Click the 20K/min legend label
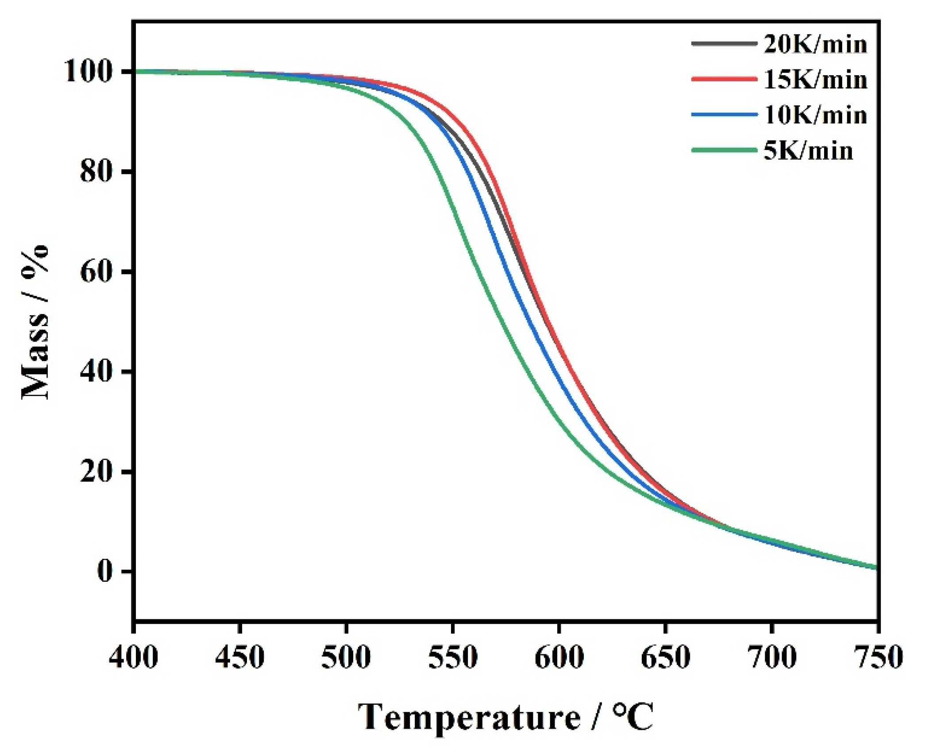coord(815,45)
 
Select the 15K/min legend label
coord(815,80)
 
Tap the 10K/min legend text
coord(815,115)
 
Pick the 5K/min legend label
coord(808,151)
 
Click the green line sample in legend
coord(724,150)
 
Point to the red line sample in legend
coord(724,79)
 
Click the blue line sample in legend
coord(724,115)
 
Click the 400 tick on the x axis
coord(133,657)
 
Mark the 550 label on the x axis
coord(452,657)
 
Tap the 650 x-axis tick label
coord(665,657)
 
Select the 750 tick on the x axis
coord(877,657)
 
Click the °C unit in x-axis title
coord(633,717)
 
